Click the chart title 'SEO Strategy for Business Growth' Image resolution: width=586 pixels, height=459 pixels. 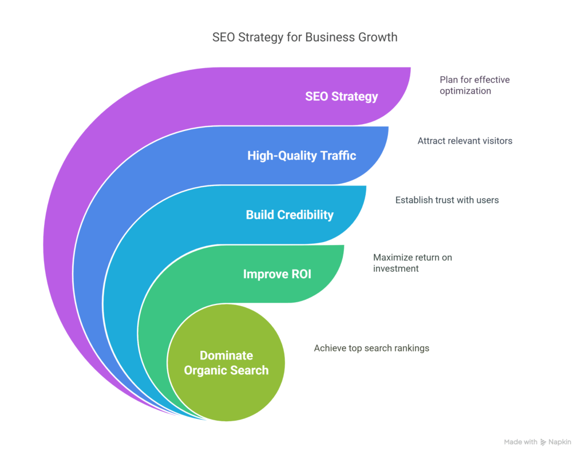point(304,38)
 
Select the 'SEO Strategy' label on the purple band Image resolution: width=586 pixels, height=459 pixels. point(341,96)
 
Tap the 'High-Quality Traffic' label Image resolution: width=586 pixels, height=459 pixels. point(302,155)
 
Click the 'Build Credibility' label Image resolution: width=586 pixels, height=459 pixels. point(290,215)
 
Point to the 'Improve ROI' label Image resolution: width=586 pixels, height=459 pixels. point(277,274)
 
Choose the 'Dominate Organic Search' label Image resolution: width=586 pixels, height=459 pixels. point(226,363)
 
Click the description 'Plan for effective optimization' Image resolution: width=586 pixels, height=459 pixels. point(474,85)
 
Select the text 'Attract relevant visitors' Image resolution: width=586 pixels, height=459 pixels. point(465,140)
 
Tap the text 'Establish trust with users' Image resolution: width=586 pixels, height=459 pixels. point(447,200)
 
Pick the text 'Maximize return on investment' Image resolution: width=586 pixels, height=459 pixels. point(413,263)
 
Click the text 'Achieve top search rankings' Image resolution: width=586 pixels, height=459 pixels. point(371,348)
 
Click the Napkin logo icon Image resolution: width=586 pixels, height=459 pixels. point(543,442)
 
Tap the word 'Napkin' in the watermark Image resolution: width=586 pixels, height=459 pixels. point(560,442)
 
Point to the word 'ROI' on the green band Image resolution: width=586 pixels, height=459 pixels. point(299,274)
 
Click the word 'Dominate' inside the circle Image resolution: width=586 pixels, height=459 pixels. point(226,356)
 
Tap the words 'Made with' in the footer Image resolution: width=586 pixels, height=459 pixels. point(521,442)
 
